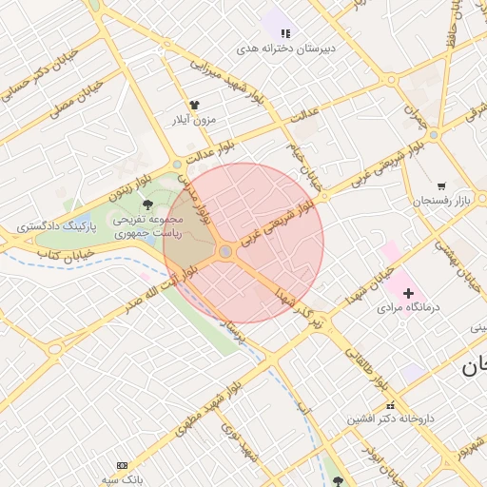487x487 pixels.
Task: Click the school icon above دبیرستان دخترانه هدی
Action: [x=285, y=33]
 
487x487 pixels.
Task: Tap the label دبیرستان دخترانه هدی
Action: [x=285, y=48]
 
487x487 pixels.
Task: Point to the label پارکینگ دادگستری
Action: [x=53, y=227]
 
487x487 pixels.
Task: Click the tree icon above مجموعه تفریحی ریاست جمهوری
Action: [x=147, y=204]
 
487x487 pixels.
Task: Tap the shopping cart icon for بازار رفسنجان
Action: [x=441, y=186]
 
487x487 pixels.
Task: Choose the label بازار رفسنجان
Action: [x=442, y=202]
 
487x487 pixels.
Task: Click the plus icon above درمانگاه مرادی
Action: [x=409, y=293]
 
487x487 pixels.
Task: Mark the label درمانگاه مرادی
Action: [x=407, y=308]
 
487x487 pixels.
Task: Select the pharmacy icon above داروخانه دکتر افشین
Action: [x=363, y=404]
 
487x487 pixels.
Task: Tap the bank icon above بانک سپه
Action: [x=122, y=465]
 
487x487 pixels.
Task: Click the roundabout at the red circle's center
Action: [x=226, y=251]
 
